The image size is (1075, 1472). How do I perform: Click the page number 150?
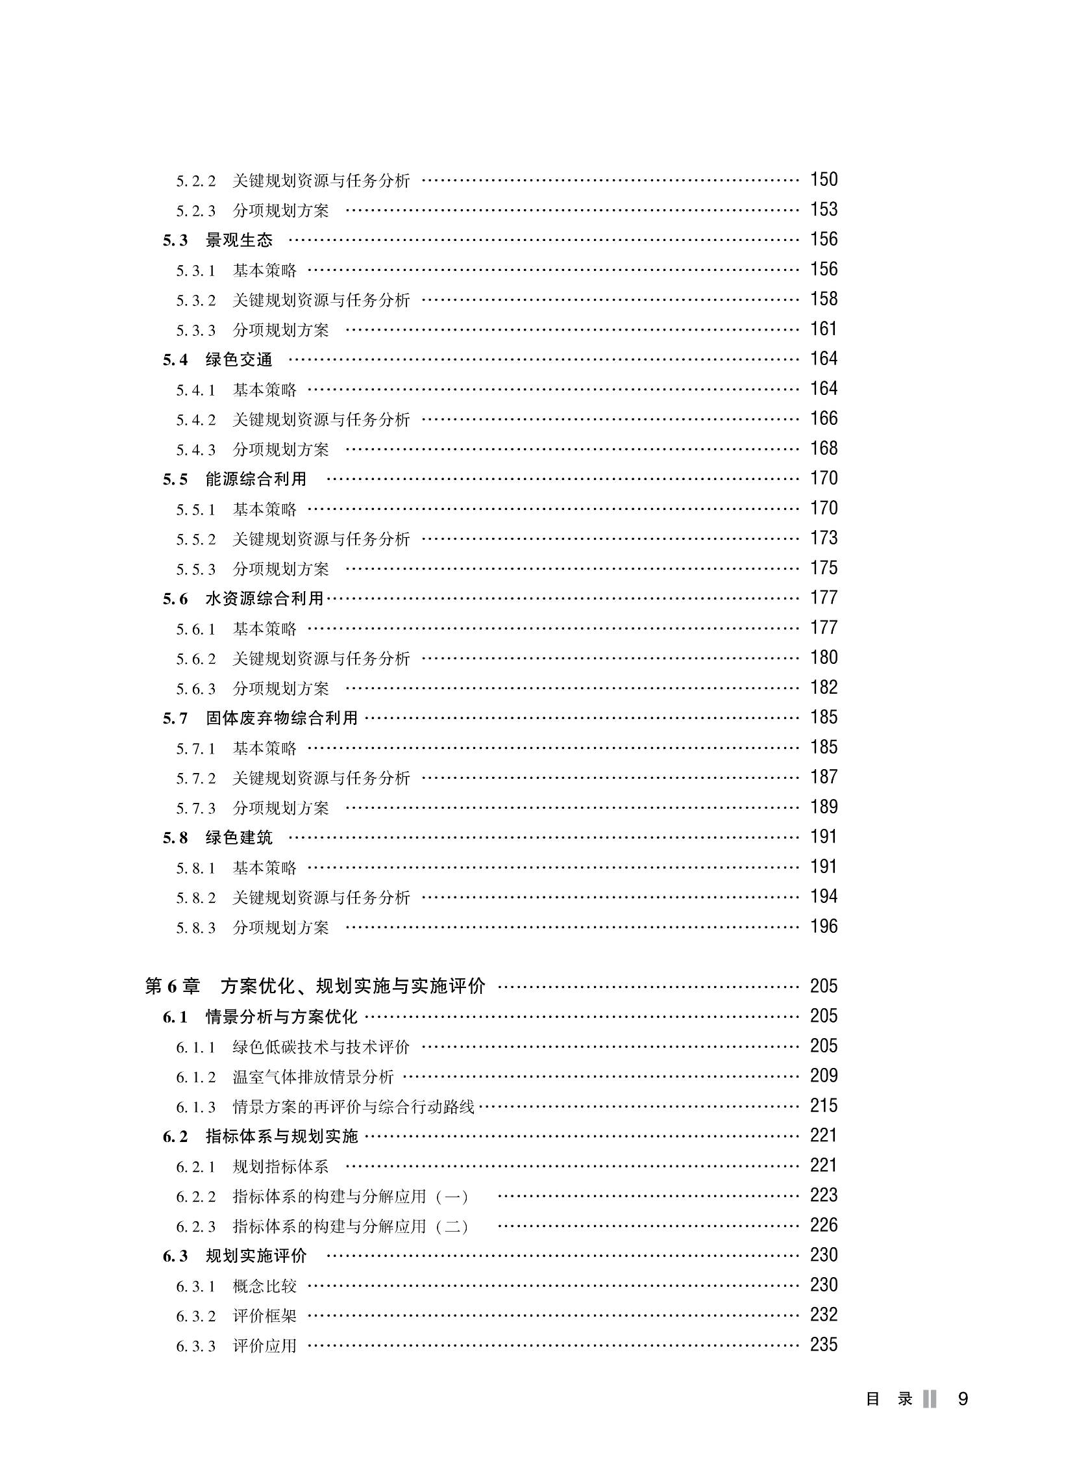(x=823, y=180)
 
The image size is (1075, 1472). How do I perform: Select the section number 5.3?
(x=175, y=241)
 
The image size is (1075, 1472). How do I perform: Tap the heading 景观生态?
(x=239, y=240)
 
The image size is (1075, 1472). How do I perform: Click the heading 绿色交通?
(x=239, y=360)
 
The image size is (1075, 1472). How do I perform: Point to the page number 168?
(x=823, y=449)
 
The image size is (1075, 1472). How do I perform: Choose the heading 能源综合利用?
(x=256, y=479)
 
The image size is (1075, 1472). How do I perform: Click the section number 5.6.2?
(x=195, y=659)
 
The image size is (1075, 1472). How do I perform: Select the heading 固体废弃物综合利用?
(x=282, y=718)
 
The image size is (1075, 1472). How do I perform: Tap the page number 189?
(x=823, y=807)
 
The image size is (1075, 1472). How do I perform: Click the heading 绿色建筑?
(x=239, y=838)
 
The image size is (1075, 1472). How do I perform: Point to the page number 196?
(x=823, y=926)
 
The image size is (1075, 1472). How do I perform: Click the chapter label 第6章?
(x=172, y=987)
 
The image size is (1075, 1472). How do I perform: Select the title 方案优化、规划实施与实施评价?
(x=352, y=987)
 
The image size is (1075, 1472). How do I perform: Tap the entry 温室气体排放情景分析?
(x=313, y=1078)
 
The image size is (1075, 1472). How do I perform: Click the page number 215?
(x=823, y=1106)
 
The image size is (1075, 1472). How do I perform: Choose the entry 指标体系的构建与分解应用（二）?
(x=351, y=1227)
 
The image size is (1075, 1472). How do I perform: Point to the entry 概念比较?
(x=264, y=1286)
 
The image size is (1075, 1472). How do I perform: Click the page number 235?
(x=823, y=1345)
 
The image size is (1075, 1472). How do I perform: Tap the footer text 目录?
(x=889, y=1400)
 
